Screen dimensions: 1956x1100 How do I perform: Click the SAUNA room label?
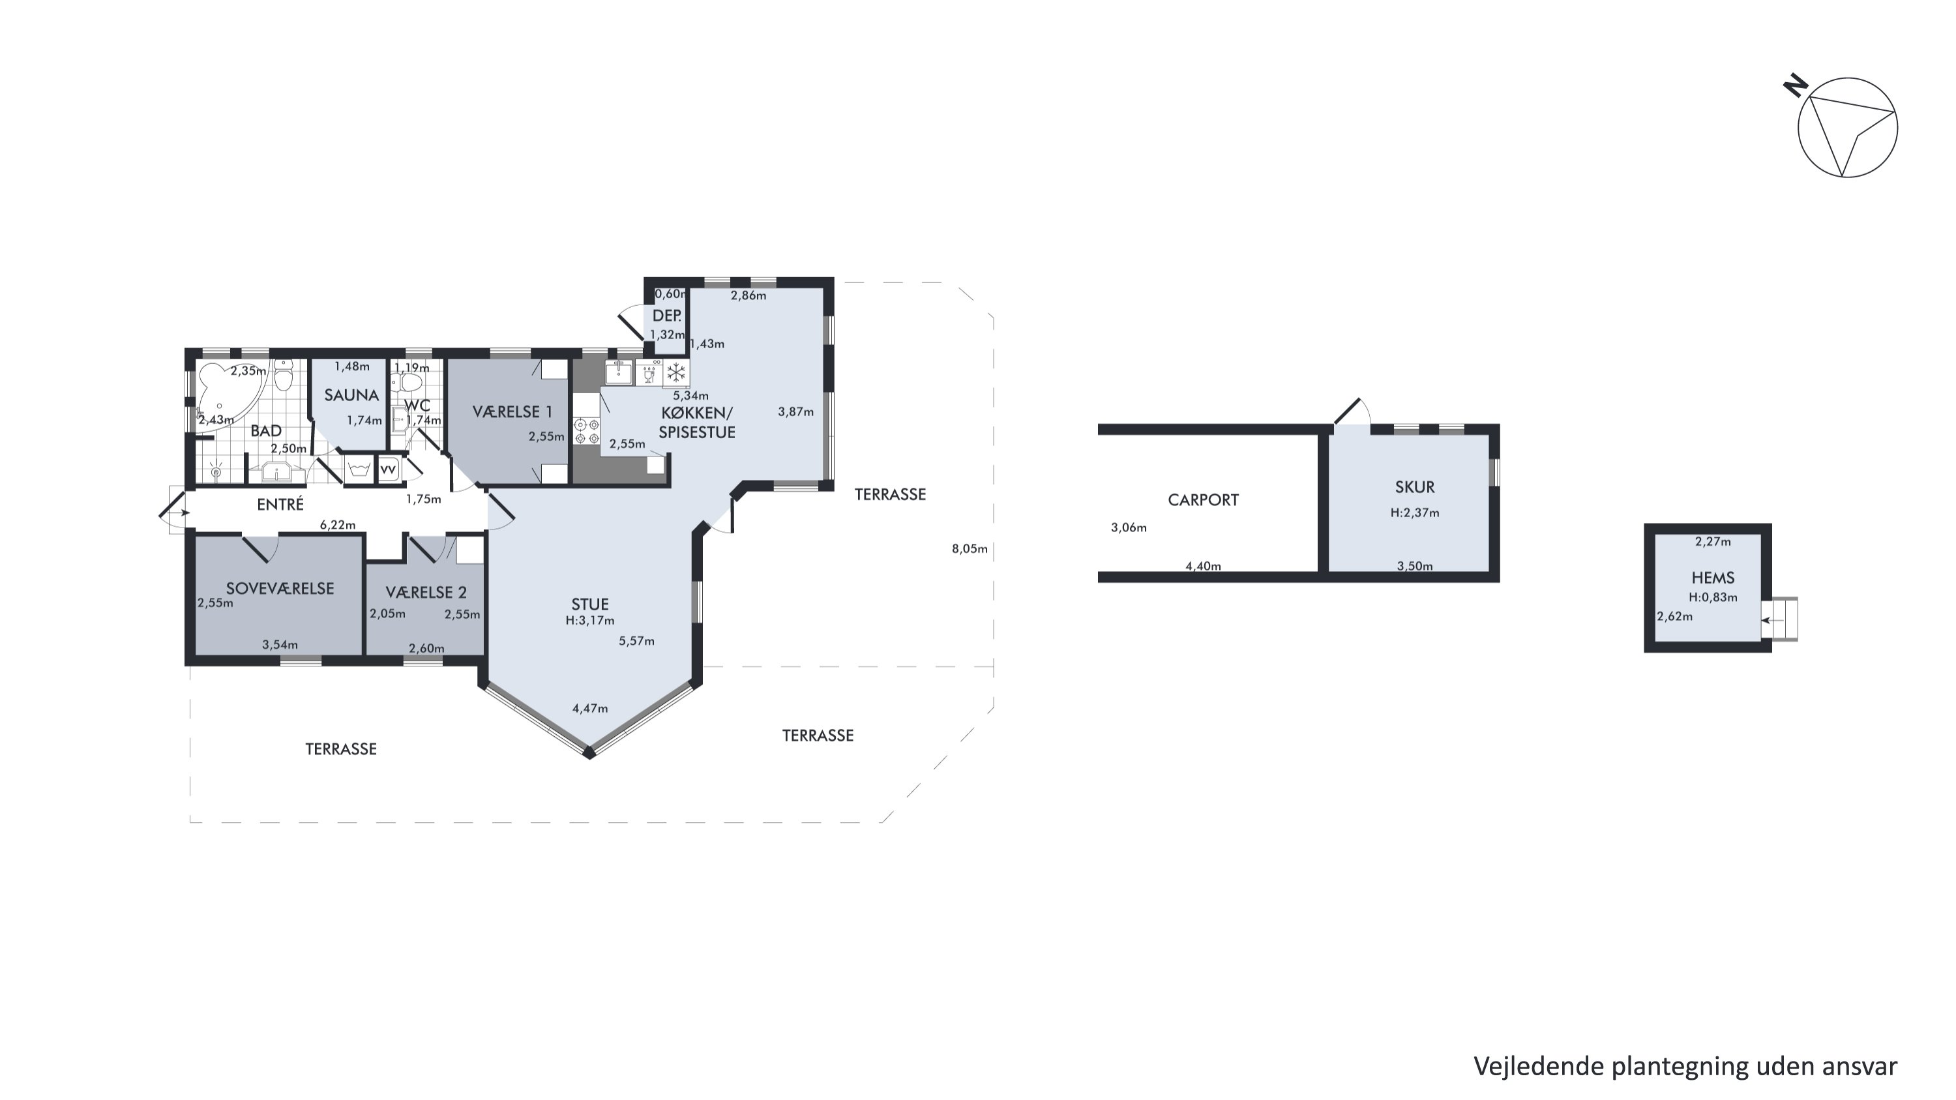point(351,394)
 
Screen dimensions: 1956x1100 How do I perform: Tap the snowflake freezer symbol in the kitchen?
point(675,373)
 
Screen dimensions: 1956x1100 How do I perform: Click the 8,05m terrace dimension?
point(970,549)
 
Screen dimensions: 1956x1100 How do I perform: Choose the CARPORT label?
point(1203,499)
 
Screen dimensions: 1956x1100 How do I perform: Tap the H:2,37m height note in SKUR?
point(1415,513)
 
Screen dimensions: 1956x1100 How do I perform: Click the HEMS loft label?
point(1713,578)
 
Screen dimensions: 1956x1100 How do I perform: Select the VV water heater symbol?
point(388,470)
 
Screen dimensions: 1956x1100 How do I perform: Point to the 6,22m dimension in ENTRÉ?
point(338,524)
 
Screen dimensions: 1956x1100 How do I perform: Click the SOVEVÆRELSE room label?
point(280,588)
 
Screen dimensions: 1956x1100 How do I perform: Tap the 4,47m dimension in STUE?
point(590,708)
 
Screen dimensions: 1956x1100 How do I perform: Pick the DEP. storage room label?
point(667,316)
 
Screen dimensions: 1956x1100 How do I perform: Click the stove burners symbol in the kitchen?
point(586,431)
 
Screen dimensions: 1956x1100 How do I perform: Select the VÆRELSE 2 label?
point(426,592)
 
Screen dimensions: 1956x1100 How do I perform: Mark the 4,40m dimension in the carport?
point(1204,565)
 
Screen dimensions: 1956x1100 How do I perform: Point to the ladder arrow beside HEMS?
point(1772,620)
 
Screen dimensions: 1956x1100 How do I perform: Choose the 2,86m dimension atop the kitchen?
point(748,295)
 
